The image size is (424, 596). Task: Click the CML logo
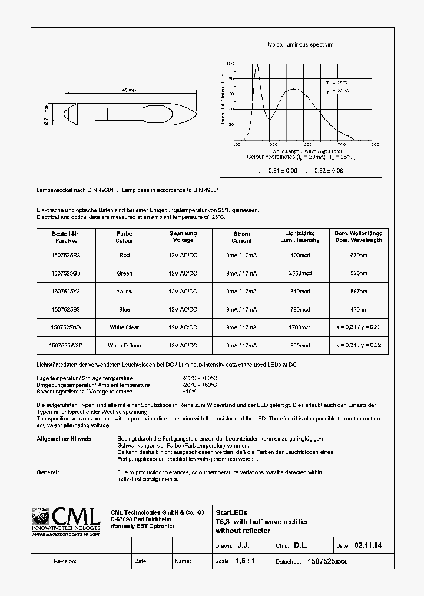pos(65,521)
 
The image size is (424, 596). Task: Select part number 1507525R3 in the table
pos(65,256)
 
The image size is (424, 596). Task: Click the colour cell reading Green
pos(124,273)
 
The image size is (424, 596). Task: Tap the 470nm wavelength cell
pos(359,309)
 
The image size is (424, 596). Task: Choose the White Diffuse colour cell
pos(124,345)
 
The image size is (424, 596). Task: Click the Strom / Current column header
pos(241,237)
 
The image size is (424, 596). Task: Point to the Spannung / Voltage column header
pos(183,237)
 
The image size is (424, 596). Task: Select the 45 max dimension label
pos(129,90)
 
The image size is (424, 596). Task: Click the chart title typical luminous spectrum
pos(300,45)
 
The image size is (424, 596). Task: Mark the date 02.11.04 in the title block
pos(367,546)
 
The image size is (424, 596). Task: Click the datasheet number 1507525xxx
pos(327,561)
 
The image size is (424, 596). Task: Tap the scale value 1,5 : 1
pos(245,561)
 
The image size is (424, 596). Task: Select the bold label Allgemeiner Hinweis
pos(65,439)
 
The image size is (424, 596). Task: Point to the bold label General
pos(48,472)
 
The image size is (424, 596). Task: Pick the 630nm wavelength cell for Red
pos(359,256)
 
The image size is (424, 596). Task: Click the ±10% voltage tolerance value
pos(190,392)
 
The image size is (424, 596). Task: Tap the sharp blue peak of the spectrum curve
pos(256,65)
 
